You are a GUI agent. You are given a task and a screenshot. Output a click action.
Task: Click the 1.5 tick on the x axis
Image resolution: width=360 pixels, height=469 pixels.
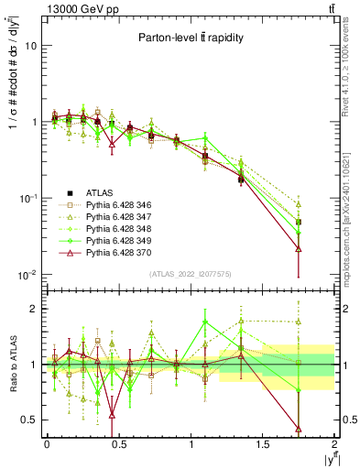(263, 444)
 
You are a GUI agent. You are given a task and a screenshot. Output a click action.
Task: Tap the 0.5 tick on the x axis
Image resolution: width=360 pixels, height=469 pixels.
(118, 444)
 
